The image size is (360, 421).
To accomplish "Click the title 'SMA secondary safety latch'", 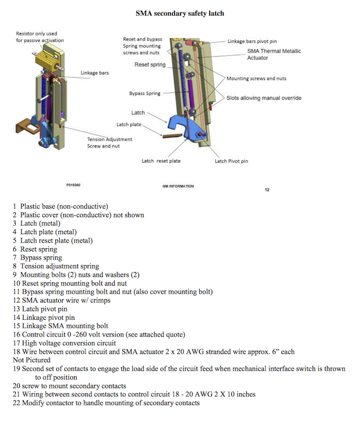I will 180,13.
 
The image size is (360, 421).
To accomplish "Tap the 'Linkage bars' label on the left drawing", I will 94,73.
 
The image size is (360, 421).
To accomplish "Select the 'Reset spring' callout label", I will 150,65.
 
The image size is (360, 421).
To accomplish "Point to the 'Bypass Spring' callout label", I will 144,94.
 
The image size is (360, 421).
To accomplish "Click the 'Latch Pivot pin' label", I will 231,161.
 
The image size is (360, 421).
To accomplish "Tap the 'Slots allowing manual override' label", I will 264,98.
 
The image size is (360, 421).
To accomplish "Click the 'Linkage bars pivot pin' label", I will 252,41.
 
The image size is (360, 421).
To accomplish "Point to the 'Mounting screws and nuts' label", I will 256,78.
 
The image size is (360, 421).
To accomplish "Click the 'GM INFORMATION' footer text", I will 178,186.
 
